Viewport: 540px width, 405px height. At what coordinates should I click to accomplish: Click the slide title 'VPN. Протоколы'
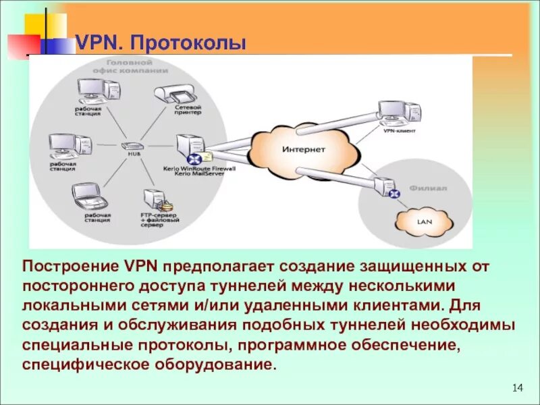(161, 44)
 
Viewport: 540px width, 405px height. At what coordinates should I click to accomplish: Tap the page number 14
(518, 387)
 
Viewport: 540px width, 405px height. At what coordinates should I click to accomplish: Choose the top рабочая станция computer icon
(93, 91)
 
